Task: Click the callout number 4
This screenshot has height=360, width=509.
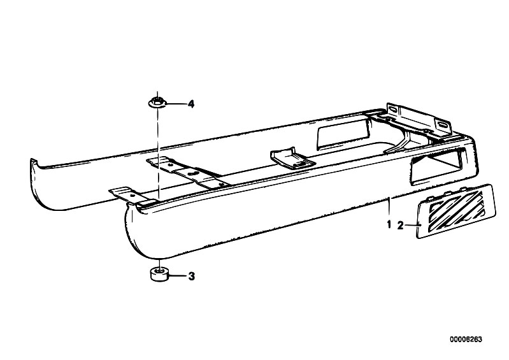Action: tap(191, 104)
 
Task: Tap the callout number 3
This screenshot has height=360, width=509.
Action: tap(192, 277)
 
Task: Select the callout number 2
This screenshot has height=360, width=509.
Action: tap(400, 226)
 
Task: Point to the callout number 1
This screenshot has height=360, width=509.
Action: tap(389, 224)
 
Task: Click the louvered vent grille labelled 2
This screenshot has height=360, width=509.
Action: tap(455, 211)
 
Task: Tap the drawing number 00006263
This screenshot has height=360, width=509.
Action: tap(466, 340)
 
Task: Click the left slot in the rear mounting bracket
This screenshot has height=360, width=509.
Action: tap(394, 110)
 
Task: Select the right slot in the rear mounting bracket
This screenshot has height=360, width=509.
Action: tap(441, 125)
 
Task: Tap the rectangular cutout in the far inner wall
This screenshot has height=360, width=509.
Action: tap(343, 135)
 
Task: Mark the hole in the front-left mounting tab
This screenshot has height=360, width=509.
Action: tap(132, 196)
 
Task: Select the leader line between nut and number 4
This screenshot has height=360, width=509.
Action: tap(176, 104)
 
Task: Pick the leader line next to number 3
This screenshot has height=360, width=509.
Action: tap(177, 277)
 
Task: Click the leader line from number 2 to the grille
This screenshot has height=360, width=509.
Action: tap(412, 225)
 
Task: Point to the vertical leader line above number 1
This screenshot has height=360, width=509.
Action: tap(389, 208)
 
